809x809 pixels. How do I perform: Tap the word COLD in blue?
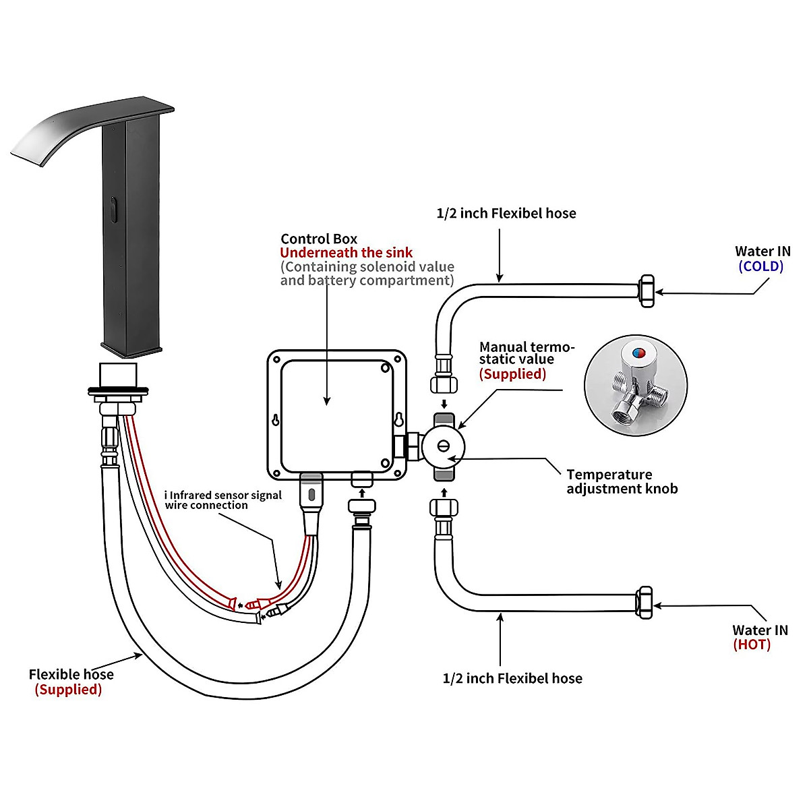[760, 266]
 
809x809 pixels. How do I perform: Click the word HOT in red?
[752, 645]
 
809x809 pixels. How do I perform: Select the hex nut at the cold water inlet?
[646, 291]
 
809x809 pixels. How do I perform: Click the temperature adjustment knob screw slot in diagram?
[444, 446]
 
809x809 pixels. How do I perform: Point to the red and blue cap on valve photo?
[636, 353]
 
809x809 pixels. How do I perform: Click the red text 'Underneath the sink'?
[346, 253]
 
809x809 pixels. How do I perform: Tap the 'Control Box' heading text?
[319, 239]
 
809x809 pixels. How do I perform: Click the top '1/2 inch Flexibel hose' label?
[506, 214]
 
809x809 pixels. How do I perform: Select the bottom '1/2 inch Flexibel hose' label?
[512, 678]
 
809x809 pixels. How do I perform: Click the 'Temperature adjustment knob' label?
[621, 481]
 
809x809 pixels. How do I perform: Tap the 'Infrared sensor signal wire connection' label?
[222, 500]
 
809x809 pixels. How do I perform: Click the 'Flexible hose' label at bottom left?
[71, 674]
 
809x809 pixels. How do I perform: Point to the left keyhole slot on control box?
[276, 420]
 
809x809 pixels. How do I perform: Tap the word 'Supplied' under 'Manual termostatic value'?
[512, 374]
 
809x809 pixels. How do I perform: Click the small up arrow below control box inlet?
[362, 492]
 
